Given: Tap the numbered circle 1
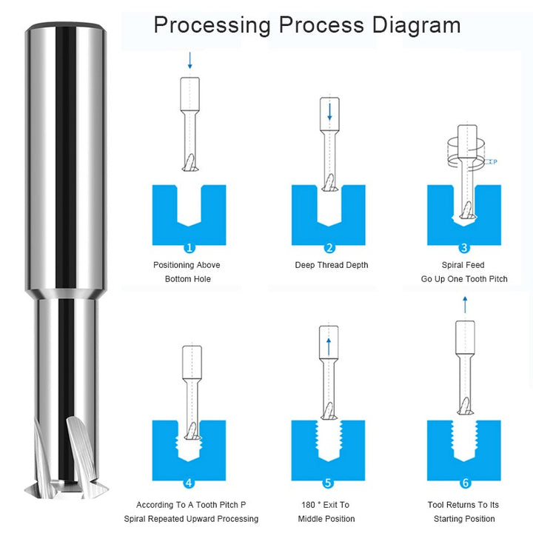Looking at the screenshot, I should point(189,248).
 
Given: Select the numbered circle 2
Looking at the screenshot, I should point(329,248).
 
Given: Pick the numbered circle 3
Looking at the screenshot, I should point(464,248).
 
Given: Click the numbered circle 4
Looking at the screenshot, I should point(189,483).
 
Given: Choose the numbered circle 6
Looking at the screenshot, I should point(465,483).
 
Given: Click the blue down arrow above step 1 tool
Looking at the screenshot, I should point(190,59).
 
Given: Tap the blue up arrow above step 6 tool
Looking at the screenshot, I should point(465,304).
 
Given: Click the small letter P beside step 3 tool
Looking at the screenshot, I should point(495,161).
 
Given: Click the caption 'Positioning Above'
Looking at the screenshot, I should point(187,265).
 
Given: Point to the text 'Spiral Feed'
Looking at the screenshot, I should point(464,265).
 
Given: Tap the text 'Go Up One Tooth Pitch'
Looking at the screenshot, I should point(464,279).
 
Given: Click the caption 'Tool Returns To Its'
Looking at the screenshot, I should point(464,505).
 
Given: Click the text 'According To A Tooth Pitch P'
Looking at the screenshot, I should point(191,505).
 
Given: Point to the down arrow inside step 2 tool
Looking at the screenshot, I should point(329,112).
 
